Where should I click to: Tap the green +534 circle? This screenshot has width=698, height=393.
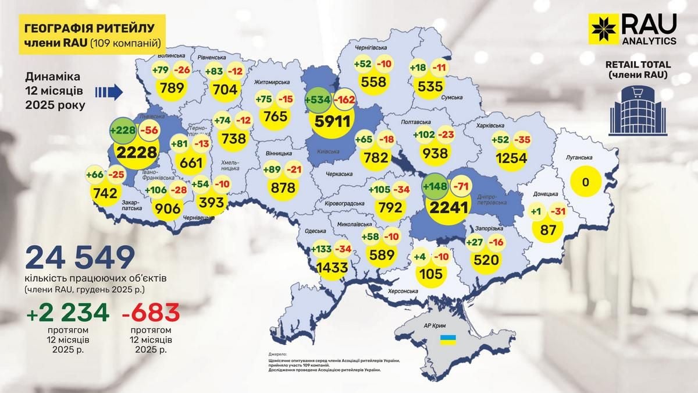point(317,100)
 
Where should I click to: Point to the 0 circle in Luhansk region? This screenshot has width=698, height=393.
point(586,182)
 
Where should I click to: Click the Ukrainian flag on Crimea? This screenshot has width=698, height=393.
point(447,338)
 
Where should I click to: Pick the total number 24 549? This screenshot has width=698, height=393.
point(80,257)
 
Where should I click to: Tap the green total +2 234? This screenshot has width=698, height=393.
point(67,313)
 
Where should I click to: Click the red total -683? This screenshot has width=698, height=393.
point(150,313)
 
